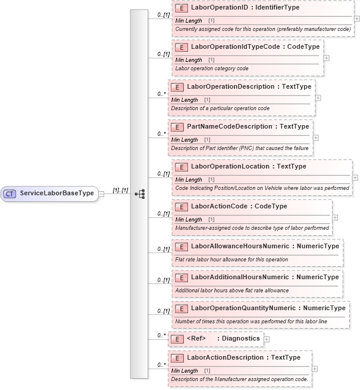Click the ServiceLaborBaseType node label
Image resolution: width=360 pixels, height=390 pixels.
coord(57,194)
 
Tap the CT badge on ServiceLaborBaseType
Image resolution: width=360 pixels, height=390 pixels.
coord(10,194)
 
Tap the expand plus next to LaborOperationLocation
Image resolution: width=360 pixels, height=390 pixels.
coord(355,177)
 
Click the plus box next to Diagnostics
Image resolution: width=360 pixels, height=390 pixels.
coord(266,339)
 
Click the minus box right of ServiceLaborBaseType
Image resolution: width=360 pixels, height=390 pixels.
coord(102,194)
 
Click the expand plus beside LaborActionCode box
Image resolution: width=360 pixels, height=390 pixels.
coord(334,217)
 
